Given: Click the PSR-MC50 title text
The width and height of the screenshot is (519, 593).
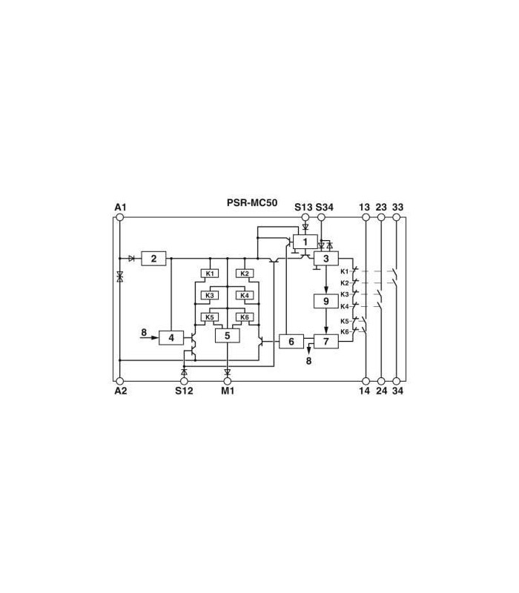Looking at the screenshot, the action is pyautogui.click(x=252, y=202).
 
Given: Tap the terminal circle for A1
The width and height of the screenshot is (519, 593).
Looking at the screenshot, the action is pyautogui.click(x=120, y=217).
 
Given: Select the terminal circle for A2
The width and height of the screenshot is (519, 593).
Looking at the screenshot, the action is pyautogui.click(x=120, y=381).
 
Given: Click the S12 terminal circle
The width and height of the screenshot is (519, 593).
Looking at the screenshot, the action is pyautogui.click(x=184, y=381).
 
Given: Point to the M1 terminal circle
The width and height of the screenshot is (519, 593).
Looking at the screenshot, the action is pyautogui.click(x=228, y=381).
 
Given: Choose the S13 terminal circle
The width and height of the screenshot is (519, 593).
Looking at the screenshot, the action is pyautogui.click(x=305, y=217).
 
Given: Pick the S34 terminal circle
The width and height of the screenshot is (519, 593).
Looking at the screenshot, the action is pyautogui.click(x=321, y=217).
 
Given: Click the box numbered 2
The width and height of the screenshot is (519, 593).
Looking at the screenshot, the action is pyautogui.click(x=153, y=258).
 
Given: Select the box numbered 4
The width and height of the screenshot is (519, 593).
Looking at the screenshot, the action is pyautogui.click(x=171, y=337).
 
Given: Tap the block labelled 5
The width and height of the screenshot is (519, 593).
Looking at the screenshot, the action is pyautogui.click(x=228, y=336).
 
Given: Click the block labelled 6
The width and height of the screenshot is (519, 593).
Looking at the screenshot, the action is pyautogui.click(x=291, y=342).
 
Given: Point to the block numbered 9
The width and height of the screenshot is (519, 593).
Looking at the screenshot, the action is pyautogui.click(x=326, y=301).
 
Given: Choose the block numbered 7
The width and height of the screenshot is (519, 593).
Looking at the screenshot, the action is pyautogui.click(x=326, y=342).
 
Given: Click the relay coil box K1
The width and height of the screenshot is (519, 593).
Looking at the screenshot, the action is pyautogui.click(x=210, y=274).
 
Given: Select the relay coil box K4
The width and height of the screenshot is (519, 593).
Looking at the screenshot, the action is pyautogui.click(x=245, y=295).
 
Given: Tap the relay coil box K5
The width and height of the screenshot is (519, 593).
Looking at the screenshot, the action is pyautogui.click(x=210, y=317).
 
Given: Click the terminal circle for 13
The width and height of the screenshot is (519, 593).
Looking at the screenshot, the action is pyautogui.click(x=366, y=217).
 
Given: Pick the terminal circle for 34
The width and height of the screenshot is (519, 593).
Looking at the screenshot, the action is pyautogui.click(x=397, y=381).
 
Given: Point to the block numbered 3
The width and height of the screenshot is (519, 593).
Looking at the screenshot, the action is pyautogui.click(x=326, y=258).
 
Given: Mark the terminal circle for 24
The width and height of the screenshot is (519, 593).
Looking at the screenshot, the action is pyautogui.click(x=381, y=381).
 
